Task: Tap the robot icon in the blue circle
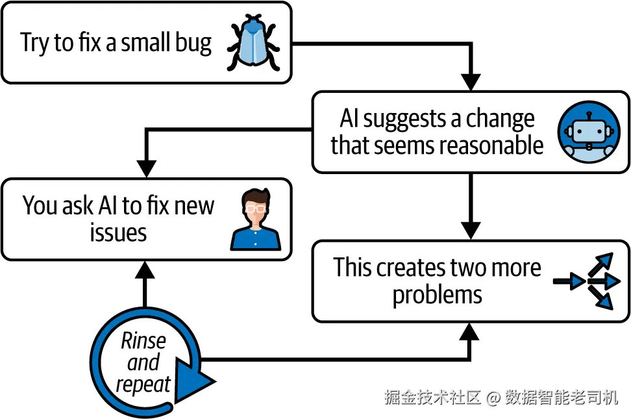(589, 132)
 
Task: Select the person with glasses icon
(256, 220)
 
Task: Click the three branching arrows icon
(587, 281)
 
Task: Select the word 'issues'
(118, 233)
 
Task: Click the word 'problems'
(437, 296)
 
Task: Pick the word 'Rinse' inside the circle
(143, 341)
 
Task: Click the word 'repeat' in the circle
(143, 385)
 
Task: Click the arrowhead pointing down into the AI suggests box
(471, 83)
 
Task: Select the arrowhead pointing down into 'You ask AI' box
(147, 169)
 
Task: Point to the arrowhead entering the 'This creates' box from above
(471, 231)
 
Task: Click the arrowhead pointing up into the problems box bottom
(469, 331)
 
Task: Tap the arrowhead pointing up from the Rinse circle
(145, 270)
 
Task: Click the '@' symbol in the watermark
(493, 398)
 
